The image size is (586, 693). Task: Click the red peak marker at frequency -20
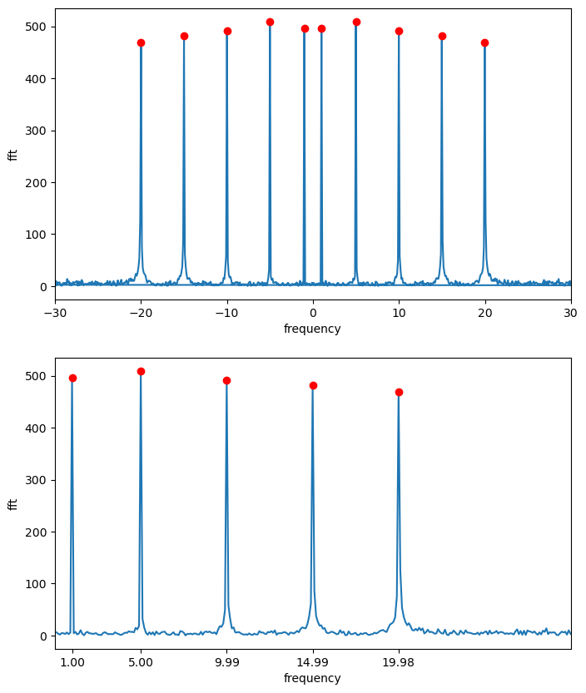pyautogui.click(x=141, y=42)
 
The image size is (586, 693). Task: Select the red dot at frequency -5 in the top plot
pyautogui.click(x=270, y=22)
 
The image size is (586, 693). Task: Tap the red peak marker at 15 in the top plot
pyautogui.click(x=442, y=36)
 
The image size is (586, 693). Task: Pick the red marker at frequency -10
pyautogui.click(x=227, y=31)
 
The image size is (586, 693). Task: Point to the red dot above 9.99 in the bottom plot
pyautogui.click(x=226, y=380)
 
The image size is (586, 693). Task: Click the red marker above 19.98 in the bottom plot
pyautogui.click(x=399, y=392)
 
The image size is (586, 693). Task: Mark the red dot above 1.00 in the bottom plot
pyautogui.click(x=72, y=378)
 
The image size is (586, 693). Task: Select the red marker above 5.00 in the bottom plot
pyautogui.click(x=141, y=371)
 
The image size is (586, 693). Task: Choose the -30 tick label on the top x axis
pyautogui.click(x=55, y=314)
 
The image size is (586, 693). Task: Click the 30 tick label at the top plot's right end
pyautogui.click(x=571, y=314)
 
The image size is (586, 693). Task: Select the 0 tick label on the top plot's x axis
pyautogui.click(x=313, y=314)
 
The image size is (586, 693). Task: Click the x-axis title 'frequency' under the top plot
pyautogui.click(x=312, y=329)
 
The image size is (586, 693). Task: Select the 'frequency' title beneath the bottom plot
pyautogui.click(x=312, y=678)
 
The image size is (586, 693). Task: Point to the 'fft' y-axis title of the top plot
pyautogui.click(x=12, y=154)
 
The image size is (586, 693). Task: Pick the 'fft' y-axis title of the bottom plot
pyautogui.click(x=12, y=503)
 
